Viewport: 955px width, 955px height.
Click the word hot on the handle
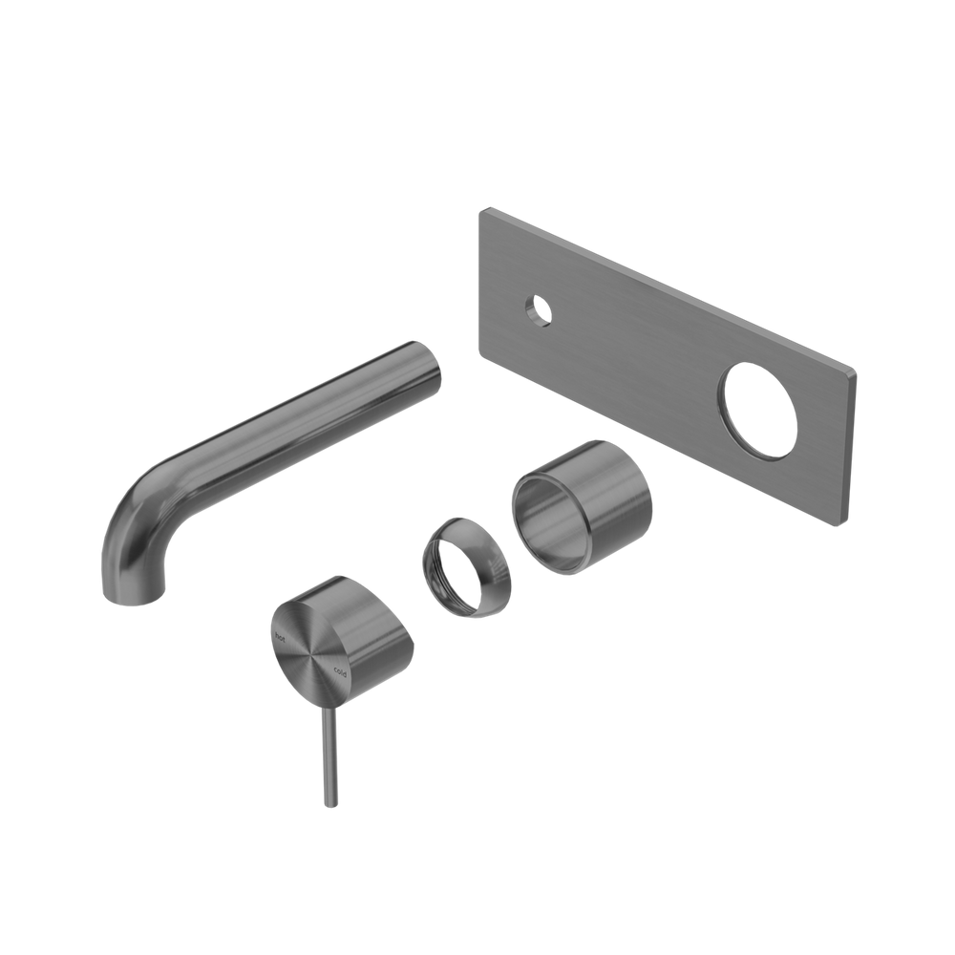pos(281,631)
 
